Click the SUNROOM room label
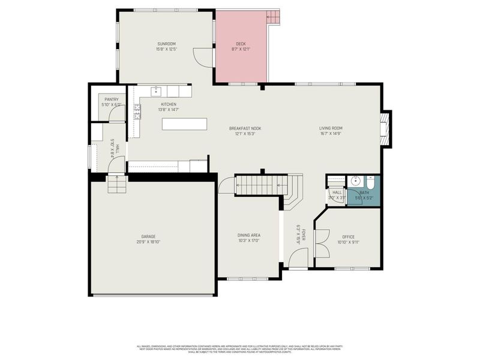coord(166,44)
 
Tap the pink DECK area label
coord(241,44)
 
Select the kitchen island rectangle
coord(184,124)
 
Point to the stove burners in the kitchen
coord(137,111)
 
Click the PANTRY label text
coord(112,100)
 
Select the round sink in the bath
coord(355,181)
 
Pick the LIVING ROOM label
coord(331,128)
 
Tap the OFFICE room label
coord(348,237)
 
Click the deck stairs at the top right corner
coord(274,16)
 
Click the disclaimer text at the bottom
coord(240,349)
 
